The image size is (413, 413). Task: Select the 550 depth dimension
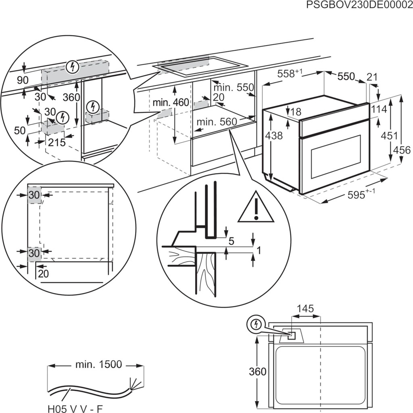(346, 76)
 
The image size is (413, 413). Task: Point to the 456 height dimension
(401, 150)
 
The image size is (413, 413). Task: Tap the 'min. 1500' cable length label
(98, 364)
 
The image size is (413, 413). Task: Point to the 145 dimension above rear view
(305, 309)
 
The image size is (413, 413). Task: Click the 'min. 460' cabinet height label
(171, 103)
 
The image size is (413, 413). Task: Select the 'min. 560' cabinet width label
(215, 122)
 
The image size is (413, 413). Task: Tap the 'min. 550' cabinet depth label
(234, 88)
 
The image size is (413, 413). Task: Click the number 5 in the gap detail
(231, 241)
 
